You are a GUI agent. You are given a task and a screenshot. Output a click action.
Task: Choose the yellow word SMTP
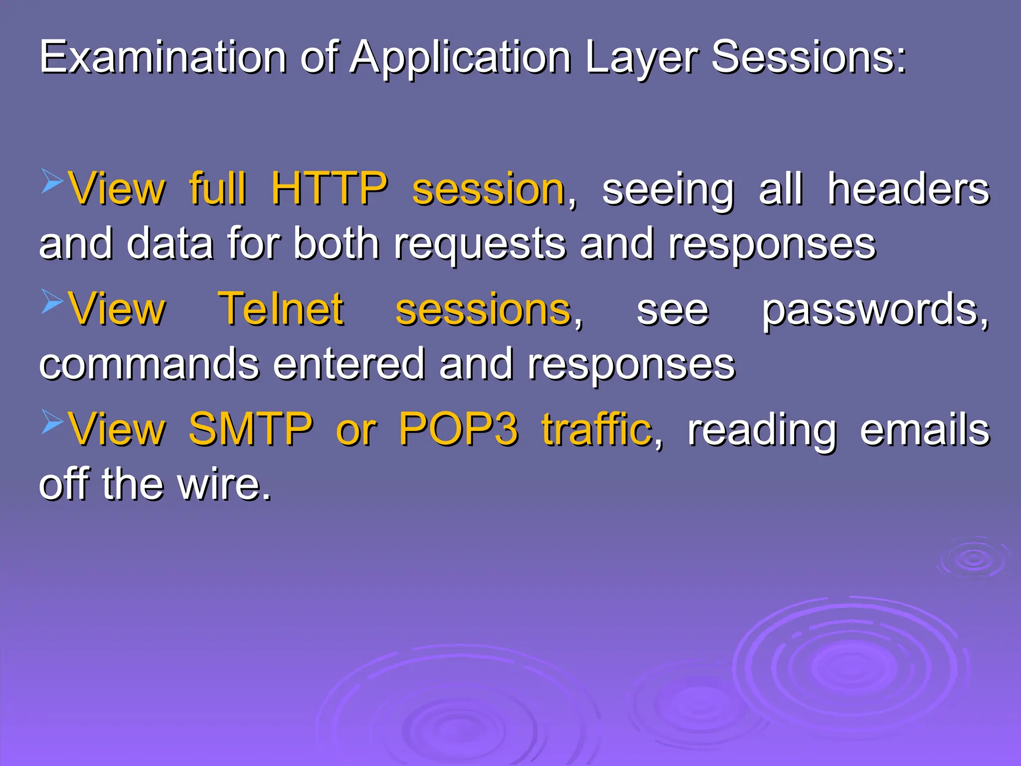[x=250, y=429]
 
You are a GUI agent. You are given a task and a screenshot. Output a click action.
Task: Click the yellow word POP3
[x=459, y=429]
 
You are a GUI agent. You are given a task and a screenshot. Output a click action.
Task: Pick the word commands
[x=149, y=364]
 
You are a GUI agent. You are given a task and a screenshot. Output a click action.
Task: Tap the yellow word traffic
[x=597, y=429]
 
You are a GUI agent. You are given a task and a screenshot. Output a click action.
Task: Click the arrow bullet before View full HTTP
[x=52, y=181]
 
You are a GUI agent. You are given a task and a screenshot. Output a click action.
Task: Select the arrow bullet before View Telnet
[x=52, y=301]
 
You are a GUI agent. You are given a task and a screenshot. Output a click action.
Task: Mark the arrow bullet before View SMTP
[x=52, y=421]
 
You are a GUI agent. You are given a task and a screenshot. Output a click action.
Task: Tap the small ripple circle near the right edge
[x=973, y=559]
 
